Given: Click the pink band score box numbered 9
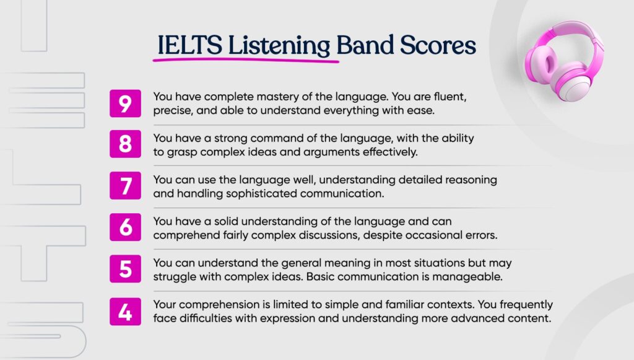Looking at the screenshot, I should [x=125, y=103].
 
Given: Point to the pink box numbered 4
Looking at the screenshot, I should [x=125, y=311].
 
